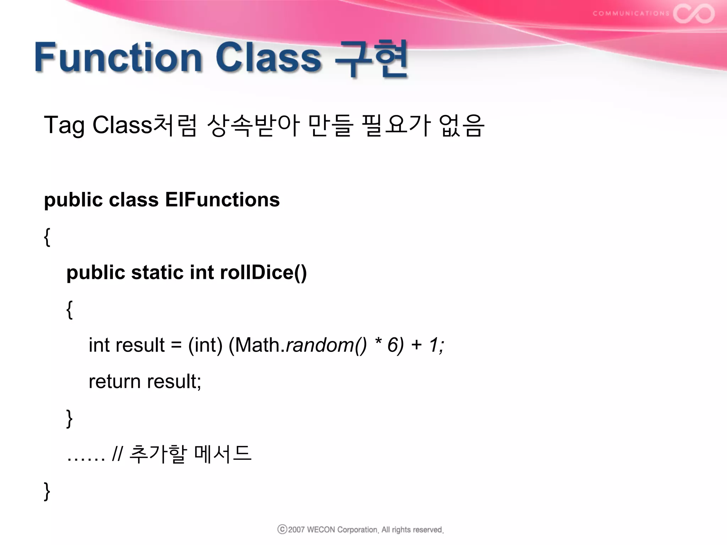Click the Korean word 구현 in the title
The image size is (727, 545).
click(x=371, y=59)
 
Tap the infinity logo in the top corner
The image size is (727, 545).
click(x=694, y=13)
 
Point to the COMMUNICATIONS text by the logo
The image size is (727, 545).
click(x=631, y=13)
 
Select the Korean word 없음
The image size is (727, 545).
click(x=461, y=125)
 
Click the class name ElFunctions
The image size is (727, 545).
click(x=222, y=200)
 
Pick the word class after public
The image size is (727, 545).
click(x=133, y=200)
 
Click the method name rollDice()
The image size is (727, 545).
click(x=263, y=272)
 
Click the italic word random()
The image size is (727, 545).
click(x=326, y=345)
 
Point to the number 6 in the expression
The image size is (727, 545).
click(x=393, y=345)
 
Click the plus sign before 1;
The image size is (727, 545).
click(x=416, y=345)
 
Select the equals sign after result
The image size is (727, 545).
click(x=176, y=345)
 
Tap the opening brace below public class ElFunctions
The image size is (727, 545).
click(x=47, y=237)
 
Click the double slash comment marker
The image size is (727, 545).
click(x=117, y=454)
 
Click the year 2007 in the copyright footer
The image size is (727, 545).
click(x=296, y=530)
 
